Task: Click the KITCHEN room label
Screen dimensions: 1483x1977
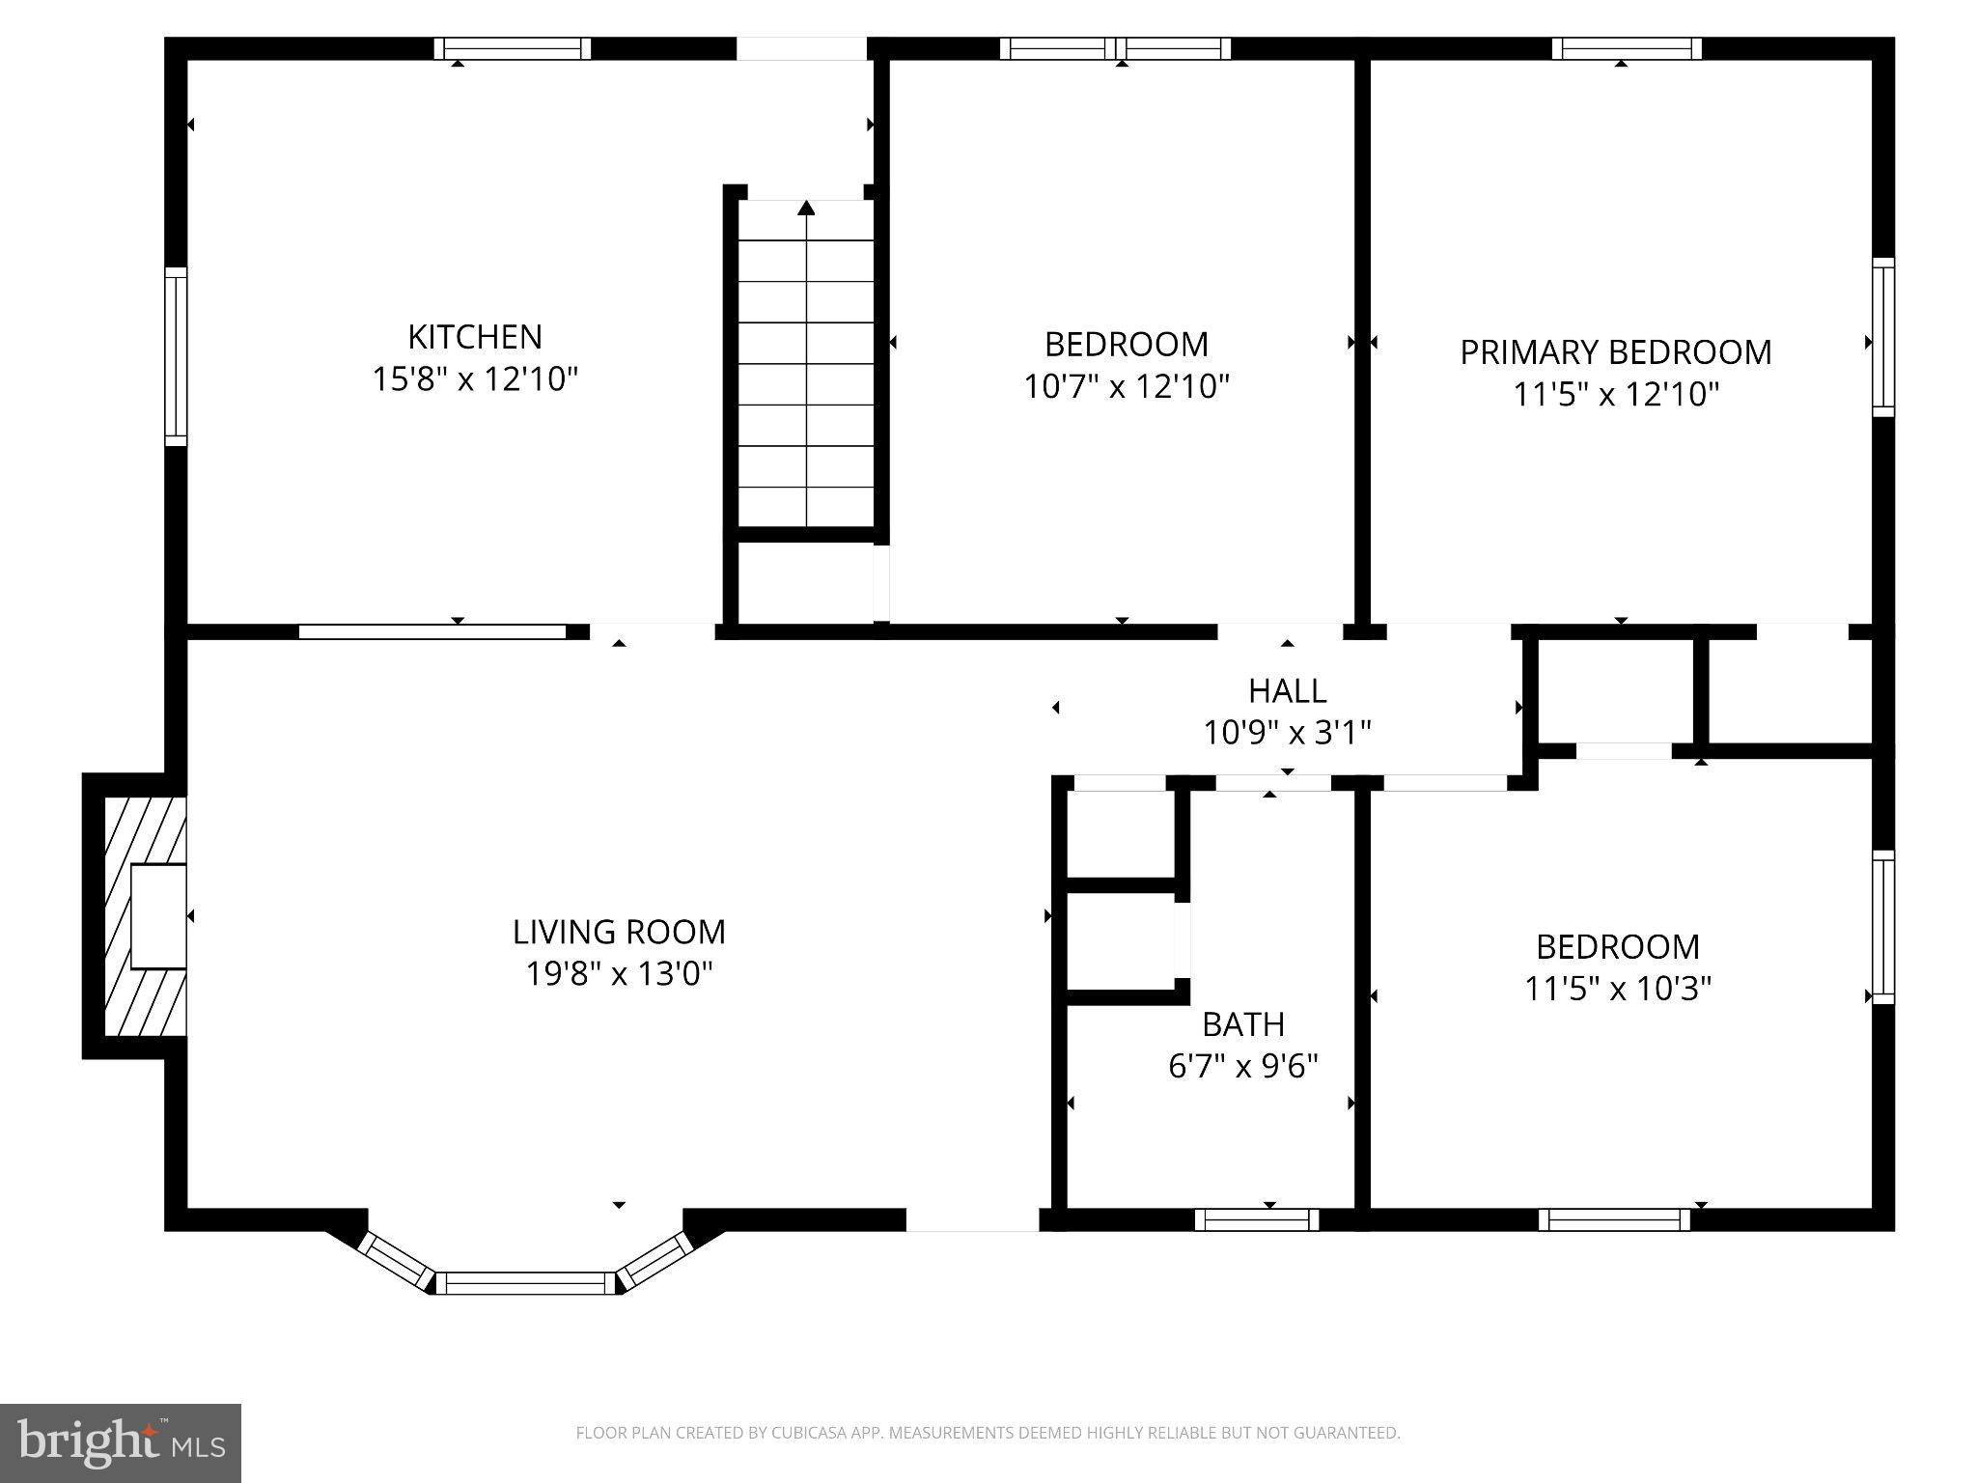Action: [474, 337]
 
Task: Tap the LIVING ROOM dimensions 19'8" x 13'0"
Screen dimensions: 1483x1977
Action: [619, 973]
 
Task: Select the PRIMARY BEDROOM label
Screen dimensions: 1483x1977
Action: [1615, 352]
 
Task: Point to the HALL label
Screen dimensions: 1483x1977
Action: [1287, 690]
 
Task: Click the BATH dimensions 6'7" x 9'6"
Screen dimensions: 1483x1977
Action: [1242, 1066]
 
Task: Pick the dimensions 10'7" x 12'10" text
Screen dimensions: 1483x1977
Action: [1126, 387]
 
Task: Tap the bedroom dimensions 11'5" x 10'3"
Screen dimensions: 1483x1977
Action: [1617, 989]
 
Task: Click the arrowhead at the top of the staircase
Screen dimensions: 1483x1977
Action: [806, 208]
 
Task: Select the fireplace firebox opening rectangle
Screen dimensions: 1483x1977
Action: [157, 915]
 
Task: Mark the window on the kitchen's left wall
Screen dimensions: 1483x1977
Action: [176, 356]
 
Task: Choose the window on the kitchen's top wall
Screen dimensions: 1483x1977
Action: [512, 48]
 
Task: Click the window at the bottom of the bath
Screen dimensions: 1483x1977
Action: [1256, 1219]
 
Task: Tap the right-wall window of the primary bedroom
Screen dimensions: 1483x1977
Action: [1883, 337]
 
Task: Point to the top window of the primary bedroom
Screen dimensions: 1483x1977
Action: [1627, 48]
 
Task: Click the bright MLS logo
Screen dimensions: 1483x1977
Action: [120, 1442]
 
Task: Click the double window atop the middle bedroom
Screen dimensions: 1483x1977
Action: [1115, 48]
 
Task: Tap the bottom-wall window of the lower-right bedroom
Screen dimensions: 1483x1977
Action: [1614, 1219]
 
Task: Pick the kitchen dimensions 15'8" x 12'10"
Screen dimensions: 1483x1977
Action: [474, 379]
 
